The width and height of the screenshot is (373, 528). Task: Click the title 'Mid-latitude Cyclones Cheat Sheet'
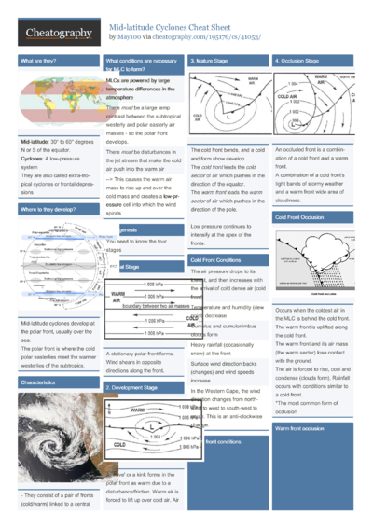(178, 28)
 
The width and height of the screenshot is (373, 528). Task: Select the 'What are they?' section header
(37, 60)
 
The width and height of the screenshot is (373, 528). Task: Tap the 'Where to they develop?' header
(46, 211)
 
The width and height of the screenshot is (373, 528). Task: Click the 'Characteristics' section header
(37, 355)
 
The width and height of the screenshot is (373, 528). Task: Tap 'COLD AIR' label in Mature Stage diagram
(198, 117)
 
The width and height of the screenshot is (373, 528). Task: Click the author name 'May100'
(127, 38)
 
